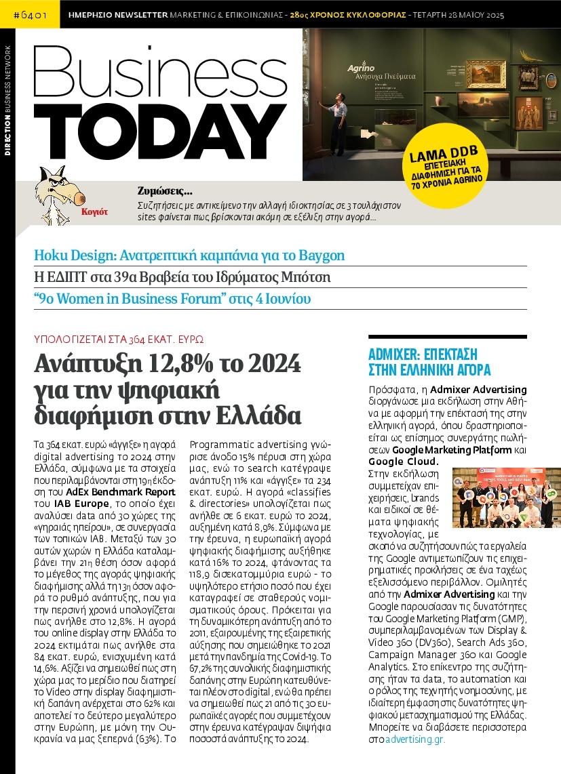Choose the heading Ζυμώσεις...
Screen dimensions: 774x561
point(165,190)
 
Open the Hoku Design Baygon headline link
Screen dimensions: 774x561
point(189,256)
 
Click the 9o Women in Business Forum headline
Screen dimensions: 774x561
point(172,299)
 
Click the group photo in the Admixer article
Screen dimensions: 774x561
point(506,498)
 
